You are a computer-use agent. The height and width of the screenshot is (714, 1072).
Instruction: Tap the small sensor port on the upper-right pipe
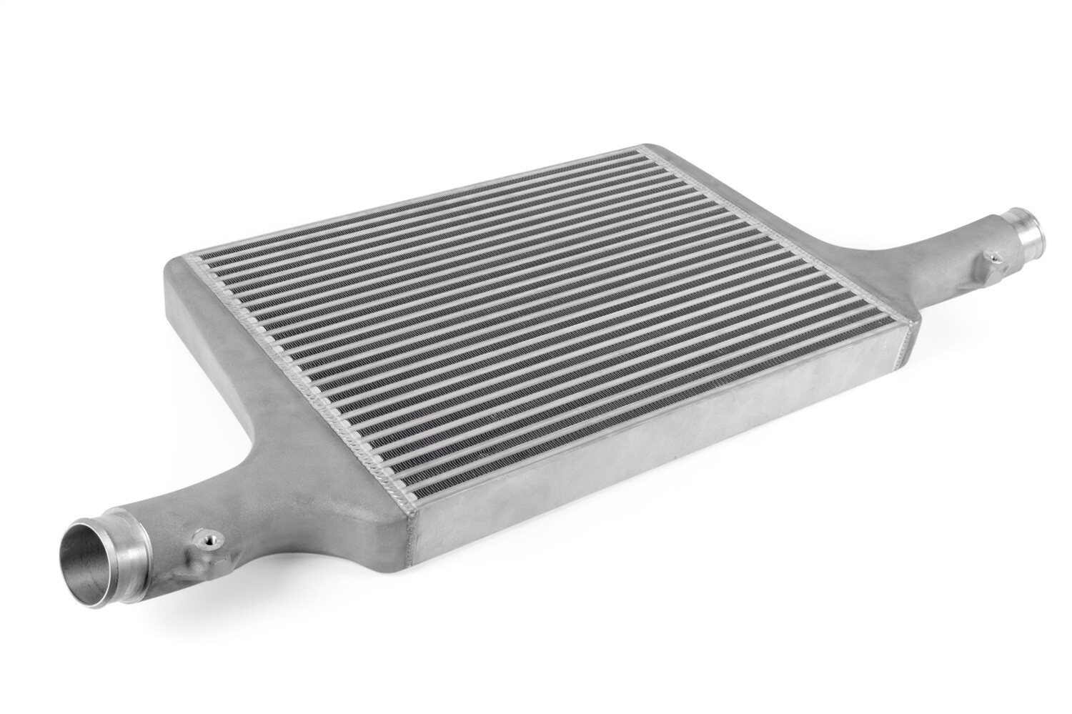[991, 257]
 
